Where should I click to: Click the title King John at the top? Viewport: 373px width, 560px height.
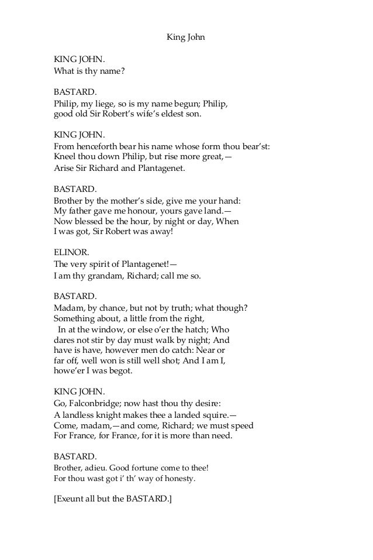pos(186,38)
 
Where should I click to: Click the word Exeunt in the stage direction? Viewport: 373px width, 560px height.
pos(72,500)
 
